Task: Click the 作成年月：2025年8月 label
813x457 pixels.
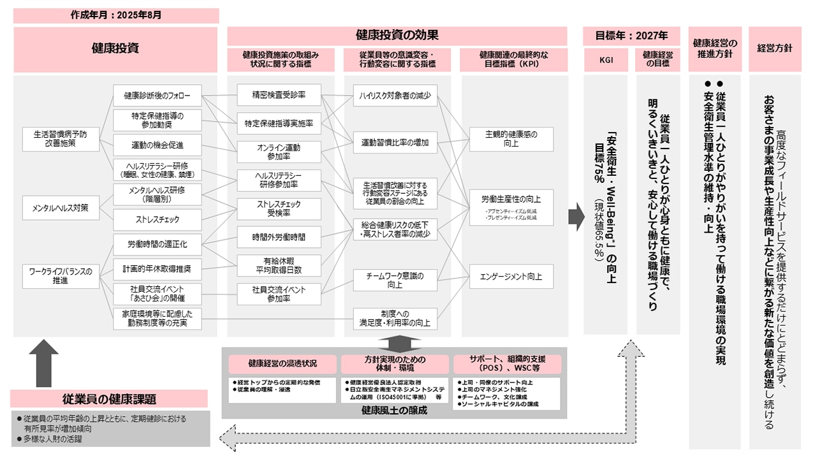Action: click(116, 15)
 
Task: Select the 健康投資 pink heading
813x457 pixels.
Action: click(115, 48)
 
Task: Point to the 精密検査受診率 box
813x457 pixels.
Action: click(279, 96)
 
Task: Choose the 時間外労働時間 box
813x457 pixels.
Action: click(279, 237)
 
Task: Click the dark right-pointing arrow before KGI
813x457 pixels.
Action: click(576, 217)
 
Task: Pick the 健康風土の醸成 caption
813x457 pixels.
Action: click(394, 410)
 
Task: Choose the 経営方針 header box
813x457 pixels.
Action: click(774, 48)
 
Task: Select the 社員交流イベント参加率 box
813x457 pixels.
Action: click(279, 294)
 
